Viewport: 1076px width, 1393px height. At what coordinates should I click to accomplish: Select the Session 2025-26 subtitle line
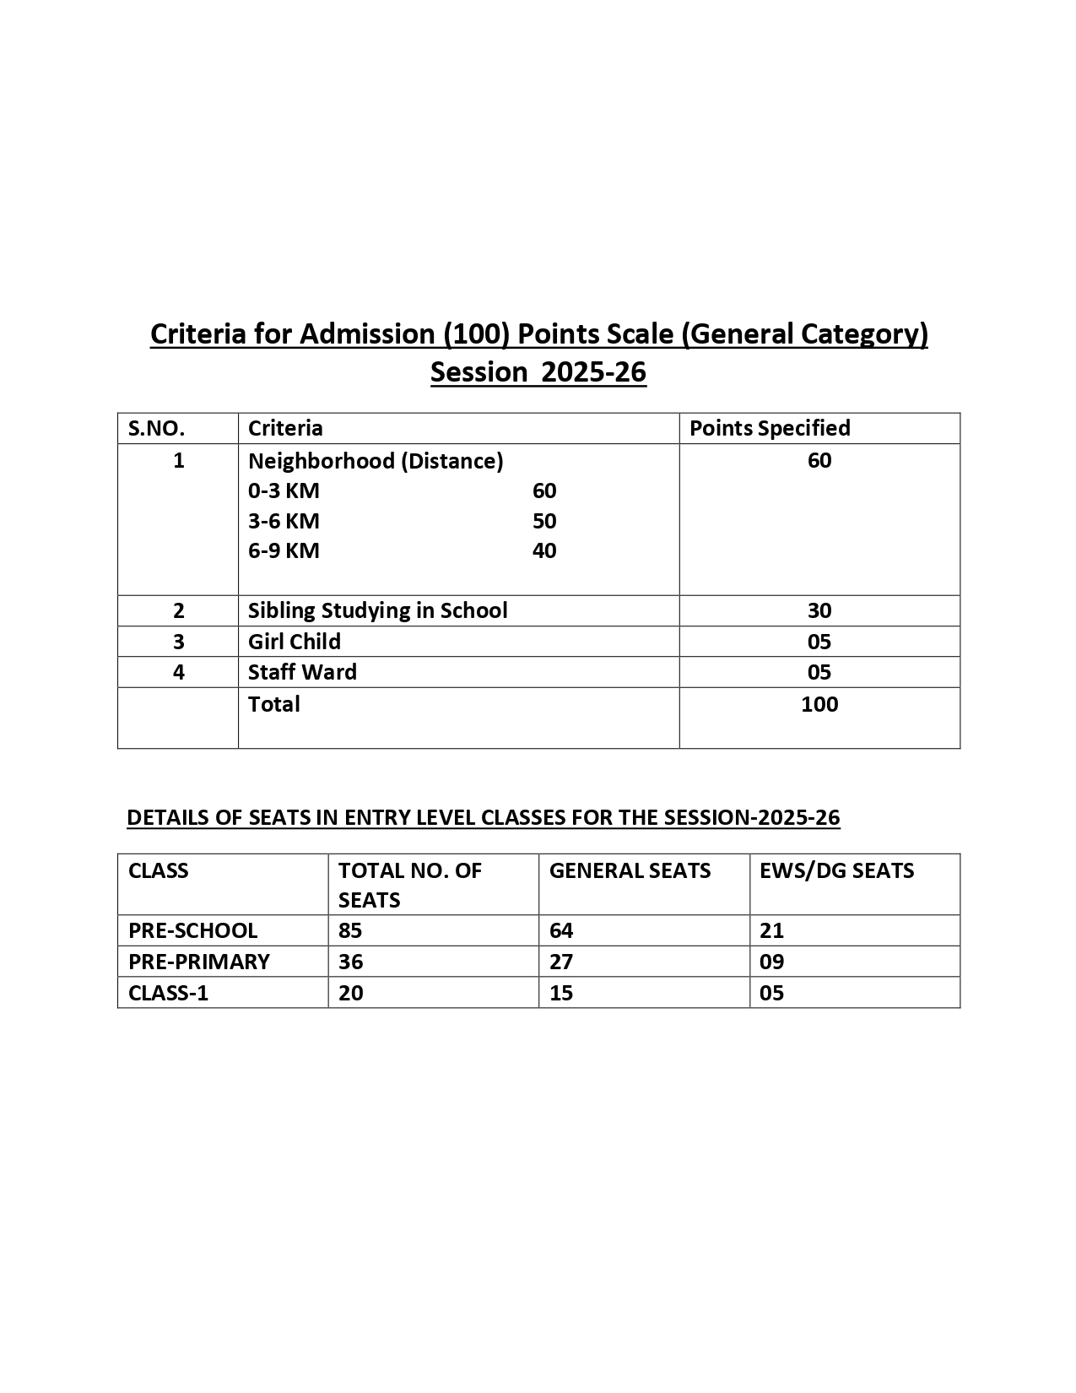pyautogui.click(x=538, y=372)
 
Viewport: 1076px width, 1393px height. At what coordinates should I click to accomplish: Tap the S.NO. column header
pyautogui.click(x=156, y=429)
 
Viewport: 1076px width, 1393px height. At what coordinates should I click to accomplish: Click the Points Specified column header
pyautogui.click(x=770, y=429)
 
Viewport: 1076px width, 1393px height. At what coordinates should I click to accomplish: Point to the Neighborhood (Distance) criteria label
pyautogui.click(x=376, y=461)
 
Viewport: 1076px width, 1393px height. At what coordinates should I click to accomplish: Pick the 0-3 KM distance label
pyautogui.click(x=284, y=491)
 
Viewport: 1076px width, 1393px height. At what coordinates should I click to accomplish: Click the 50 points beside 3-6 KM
pyautogui.click(x=544, y=521)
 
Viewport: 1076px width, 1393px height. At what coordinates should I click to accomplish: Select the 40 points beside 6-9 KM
pyautogui.click(x=544, y=551)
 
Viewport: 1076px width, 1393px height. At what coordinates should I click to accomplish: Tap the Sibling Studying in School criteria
pyautogui.click(x=378, y=610)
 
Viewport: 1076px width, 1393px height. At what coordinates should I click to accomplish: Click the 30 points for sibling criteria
pyautogui.click(x=819, y=610)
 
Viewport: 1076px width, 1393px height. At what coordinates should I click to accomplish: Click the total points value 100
pyautogui.click(x=819, y=704)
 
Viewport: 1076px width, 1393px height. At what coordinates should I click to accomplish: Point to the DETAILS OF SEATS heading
pyautogui.click(x=483, y=817)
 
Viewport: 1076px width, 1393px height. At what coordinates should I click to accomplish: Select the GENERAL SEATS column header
pyautogui.click(x=630, y=871)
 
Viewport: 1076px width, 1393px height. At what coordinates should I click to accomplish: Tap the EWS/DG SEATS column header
pyautogui.click(x=836, y=871)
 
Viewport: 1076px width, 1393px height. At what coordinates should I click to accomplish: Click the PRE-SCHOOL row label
pyautogui.click(x=192, y=930)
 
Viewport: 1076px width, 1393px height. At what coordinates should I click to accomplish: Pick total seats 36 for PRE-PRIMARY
pyautogui.click(x=351, y=962)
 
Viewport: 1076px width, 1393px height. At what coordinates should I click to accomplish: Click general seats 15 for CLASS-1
pyautogui.click(x=561, y=993)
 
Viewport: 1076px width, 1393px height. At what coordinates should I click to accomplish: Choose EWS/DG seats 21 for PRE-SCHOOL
pyautogui.click(x=771, y=930)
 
